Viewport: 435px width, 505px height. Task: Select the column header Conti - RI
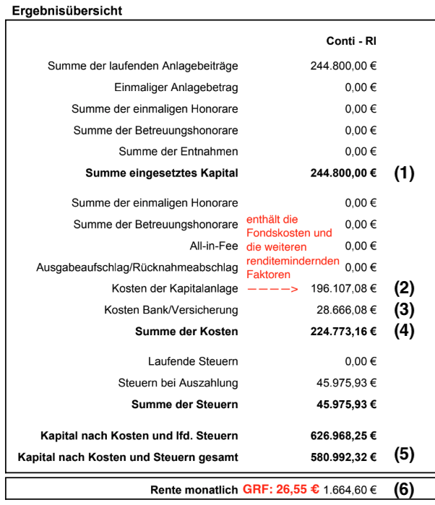pos(352,41)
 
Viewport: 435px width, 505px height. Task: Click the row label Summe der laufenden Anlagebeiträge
pos(143,66)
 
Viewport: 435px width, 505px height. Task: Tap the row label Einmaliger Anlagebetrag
pos(176,87)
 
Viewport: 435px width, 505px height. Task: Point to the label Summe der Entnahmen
pos(178,152)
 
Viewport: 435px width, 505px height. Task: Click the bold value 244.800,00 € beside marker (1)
pos(343,173)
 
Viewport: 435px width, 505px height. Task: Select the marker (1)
pos(404,173)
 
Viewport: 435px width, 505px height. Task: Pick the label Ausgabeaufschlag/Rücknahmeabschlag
pos(137,267)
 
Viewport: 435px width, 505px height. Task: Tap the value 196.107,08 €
pos(343,288)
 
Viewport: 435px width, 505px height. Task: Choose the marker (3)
pos(404,310)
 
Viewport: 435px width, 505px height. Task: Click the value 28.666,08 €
pos(346,310)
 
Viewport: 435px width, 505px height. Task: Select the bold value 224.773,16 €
pos(343,332)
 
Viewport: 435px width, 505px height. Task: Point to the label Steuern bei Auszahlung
pos(178,382)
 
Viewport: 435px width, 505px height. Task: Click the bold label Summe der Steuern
pos(184,404)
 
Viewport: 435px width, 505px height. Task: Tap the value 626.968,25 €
pos(343,436)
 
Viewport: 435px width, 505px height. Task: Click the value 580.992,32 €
pos(343,457)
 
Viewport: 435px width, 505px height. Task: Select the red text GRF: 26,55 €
pos(280,489)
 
